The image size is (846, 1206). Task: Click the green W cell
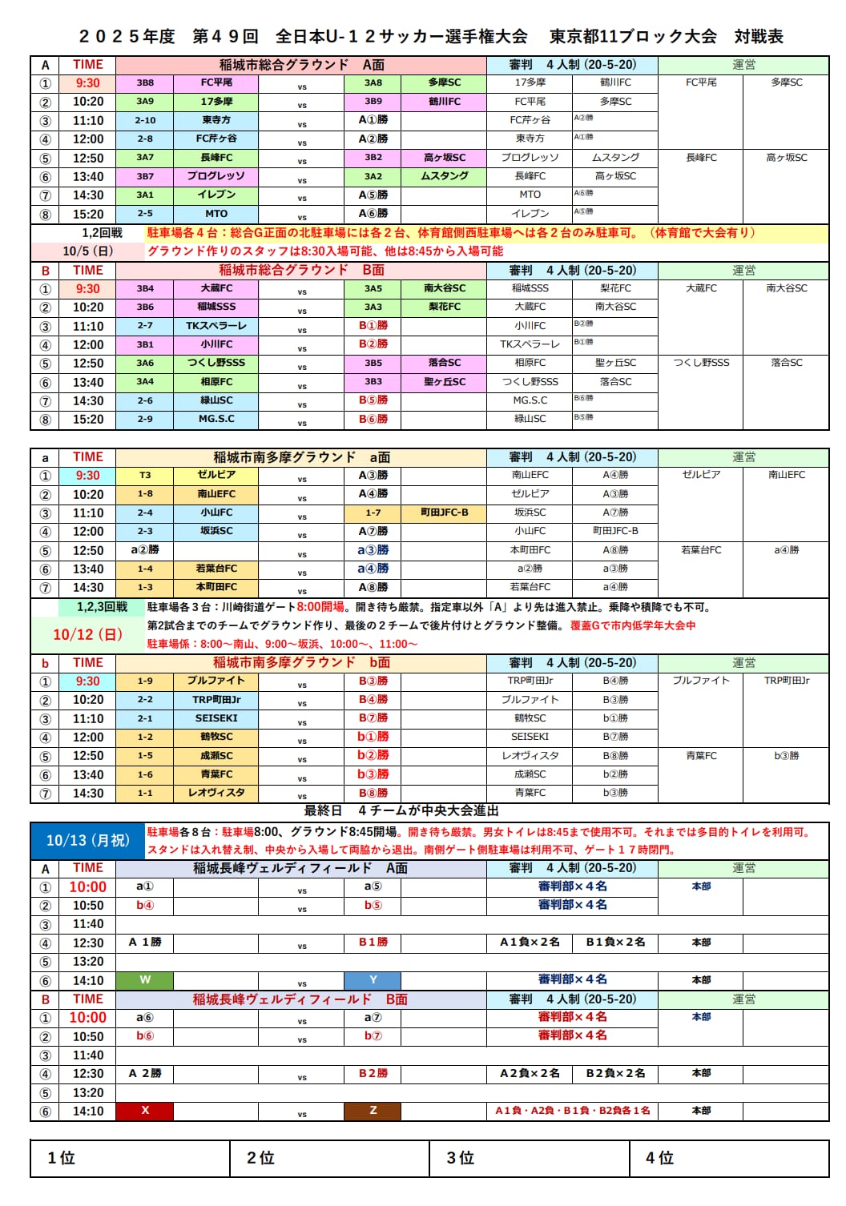click(145, 979)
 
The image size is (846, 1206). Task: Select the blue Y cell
click(373, 979)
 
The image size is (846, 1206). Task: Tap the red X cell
click(145, 1111)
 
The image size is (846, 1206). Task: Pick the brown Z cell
click(373, 1111)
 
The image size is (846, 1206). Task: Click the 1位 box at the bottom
click(130, 1158)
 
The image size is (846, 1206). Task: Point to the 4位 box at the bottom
click(729, 1158)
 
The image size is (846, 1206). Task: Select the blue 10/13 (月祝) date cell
click(87, 840)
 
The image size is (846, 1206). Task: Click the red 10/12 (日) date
click(87, 634)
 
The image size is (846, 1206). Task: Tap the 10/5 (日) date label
click(87, 251)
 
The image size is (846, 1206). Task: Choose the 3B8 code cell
click(145, 82)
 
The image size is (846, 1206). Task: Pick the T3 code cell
click(145, 476)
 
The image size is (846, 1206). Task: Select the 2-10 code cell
click(145, 120)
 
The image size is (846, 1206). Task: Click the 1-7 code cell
click(373, 513)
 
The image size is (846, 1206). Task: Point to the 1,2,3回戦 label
click(102, 607)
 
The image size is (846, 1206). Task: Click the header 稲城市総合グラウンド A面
click(301, 65)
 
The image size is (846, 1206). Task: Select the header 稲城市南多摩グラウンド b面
click(301, 662)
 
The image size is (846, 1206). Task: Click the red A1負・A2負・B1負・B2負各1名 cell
click(572, 1111)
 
